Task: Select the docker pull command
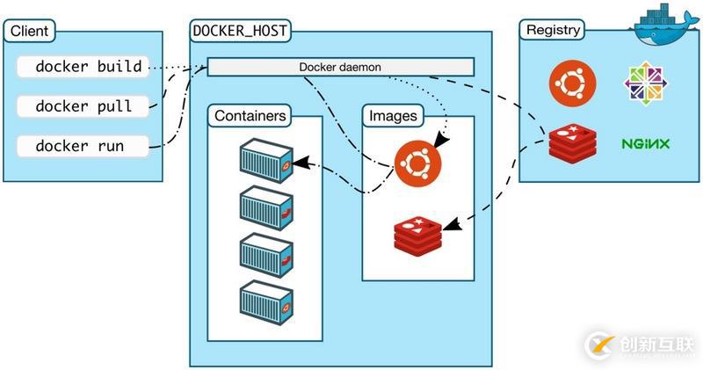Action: (x=83, y=106)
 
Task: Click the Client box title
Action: (x=29, y=32)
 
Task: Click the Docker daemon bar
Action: (x=340, y=67)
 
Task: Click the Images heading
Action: (x=393, y=115)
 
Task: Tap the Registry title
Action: (x=553, y=30)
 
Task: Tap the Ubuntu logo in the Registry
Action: (x=572, y=83)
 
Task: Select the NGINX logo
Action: (x=646, y=142)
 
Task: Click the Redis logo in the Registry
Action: (x=572, y=142)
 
